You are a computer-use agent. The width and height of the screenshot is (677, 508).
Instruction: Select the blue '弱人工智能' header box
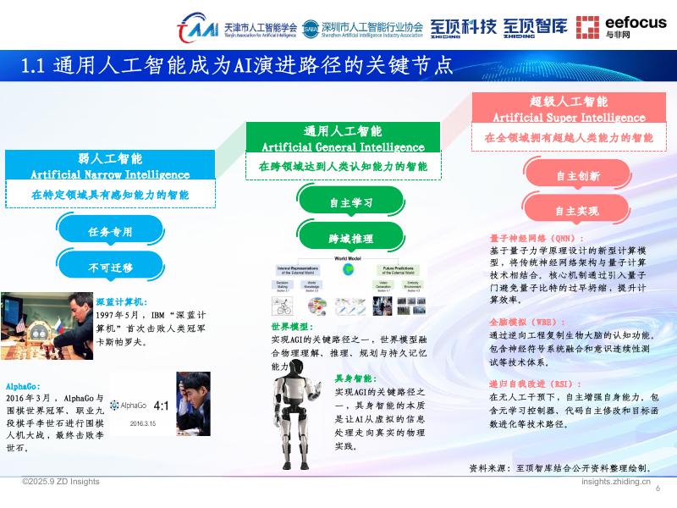pyautogui.click(x=110, y=165)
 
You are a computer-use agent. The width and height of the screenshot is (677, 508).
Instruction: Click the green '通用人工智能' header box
pyautogui.click(x=342, y=138)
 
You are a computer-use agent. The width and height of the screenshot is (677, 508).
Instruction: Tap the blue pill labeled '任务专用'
pyautogui.click(x=110, y=231)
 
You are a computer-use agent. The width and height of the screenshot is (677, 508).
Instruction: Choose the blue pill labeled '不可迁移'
pyautogui.click(x=110, y=267)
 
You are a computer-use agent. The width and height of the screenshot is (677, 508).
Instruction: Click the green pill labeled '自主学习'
pyautogui.click(x=350, y=203)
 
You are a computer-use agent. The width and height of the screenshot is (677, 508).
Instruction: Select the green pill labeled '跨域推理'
pyautogui.click(x=350, y=238)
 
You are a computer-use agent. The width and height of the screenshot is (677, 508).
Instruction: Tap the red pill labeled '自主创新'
pyautogui.click(x=577, y=176)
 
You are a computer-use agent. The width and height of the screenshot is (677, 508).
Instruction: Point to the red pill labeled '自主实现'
pyautogui.click(x=577, y=211)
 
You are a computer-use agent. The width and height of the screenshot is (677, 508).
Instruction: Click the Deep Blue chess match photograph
pyautogui.click(x=47, y=326)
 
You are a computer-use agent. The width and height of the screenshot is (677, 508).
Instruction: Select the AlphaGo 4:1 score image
pyautogui.click(x=160, y=403)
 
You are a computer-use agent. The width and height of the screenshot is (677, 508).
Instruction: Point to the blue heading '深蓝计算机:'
pyautogui.click(x=123, y=301)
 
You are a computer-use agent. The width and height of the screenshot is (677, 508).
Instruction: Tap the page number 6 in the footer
pyautogui.click(x=658, y=488)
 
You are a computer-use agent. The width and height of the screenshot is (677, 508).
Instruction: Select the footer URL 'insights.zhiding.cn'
pyautogui.click(x=616, y=481)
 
